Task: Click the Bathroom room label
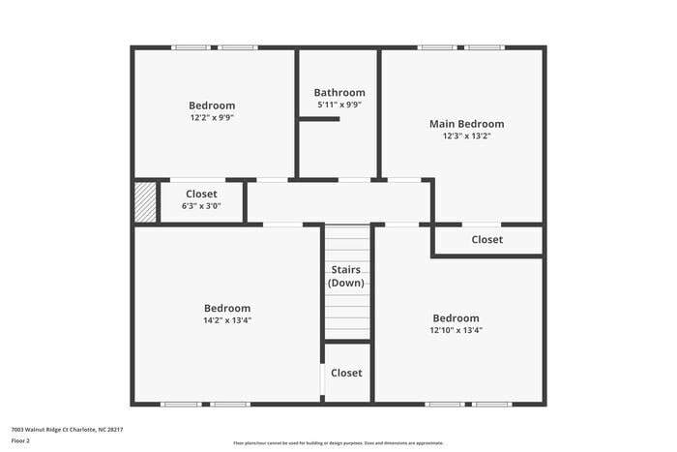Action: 338,93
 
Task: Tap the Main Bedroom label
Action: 466,124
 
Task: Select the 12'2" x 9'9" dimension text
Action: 212,117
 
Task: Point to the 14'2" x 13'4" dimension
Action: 227,320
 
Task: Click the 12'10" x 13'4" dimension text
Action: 456,330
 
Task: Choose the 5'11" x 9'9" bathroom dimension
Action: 338,105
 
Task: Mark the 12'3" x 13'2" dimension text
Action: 466,136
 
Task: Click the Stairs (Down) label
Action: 346,276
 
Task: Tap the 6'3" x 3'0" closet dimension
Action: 201,205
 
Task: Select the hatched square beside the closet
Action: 145,202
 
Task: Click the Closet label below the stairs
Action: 346,373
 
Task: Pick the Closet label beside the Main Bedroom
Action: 486,240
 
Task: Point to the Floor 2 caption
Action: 21,440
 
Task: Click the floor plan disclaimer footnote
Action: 338,441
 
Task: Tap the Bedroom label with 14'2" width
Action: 227,308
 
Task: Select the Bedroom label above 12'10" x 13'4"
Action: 456,318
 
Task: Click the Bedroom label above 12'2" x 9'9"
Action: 212,105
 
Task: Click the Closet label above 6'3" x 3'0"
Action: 201,194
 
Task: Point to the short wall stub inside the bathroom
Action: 318,119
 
